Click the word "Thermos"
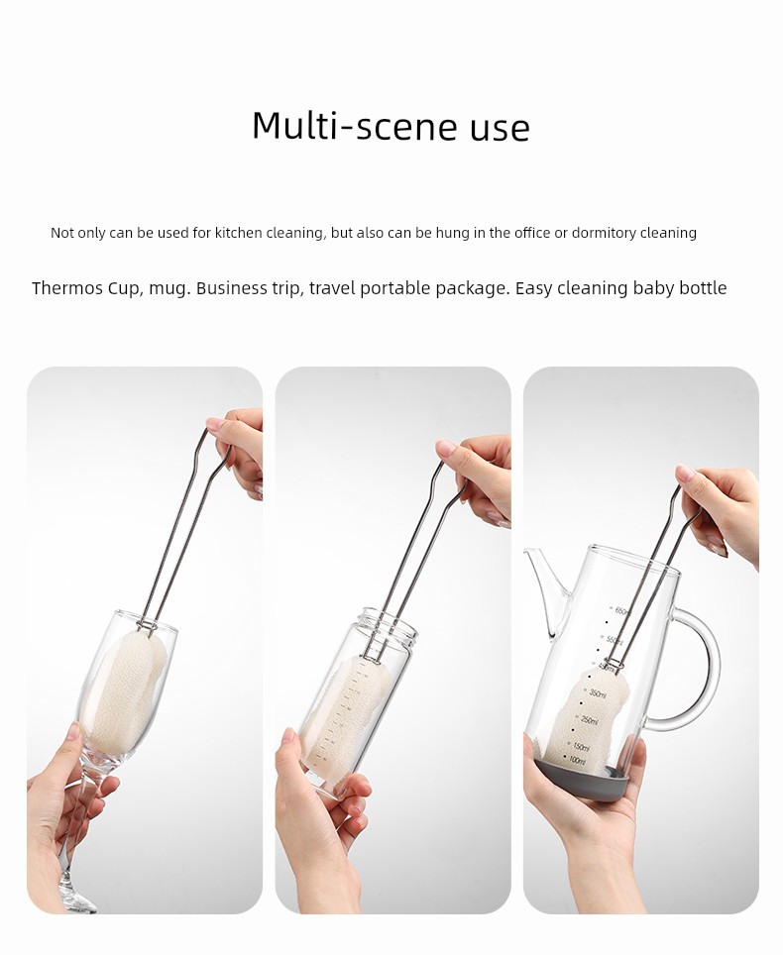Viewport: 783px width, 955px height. (67, 287)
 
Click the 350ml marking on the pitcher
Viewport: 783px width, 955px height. (597, 693)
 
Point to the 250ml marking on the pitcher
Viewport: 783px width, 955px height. (589, 720)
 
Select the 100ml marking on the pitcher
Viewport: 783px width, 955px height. (577, 761)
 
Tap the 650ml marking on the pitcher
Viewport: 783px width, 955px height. (622, 611)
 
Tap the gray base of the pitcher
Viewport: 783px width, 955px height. (579, 781)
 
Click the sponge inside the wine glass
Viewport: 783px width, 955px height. (125, 690)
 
